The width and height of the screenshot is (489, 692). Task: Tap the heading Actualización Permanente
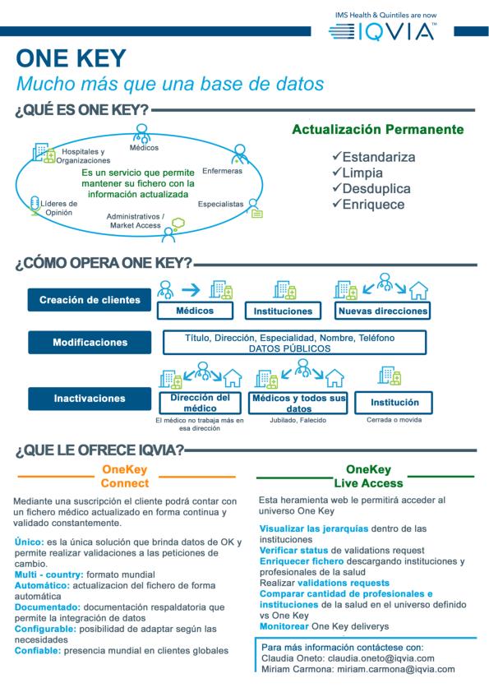[x=378, y=130]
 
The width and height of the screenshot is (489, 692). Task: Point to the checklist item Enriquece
[x=367, y=205]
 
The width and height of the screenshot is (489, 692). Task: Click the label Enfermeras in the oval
[x=222, y=172]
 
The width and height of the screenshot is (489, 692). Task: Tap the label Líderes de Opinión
[x=58, y=208]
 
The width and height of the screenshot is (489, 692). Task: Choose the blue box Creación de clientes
[x=90, y=300]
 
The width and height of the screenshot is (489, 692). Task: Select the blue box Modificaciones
[x=90, y=342]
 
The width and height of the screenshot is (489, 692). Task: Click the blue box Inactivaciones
[x=90, y=399]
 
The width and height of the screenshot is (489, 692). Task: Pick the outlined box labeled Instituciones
[x=284, y=311]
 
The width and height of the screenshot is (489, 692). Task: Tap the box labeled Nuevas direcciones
[x=382, y=311]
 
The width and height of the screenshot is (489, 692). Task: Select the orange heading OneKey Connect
[x=125, y=476]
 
